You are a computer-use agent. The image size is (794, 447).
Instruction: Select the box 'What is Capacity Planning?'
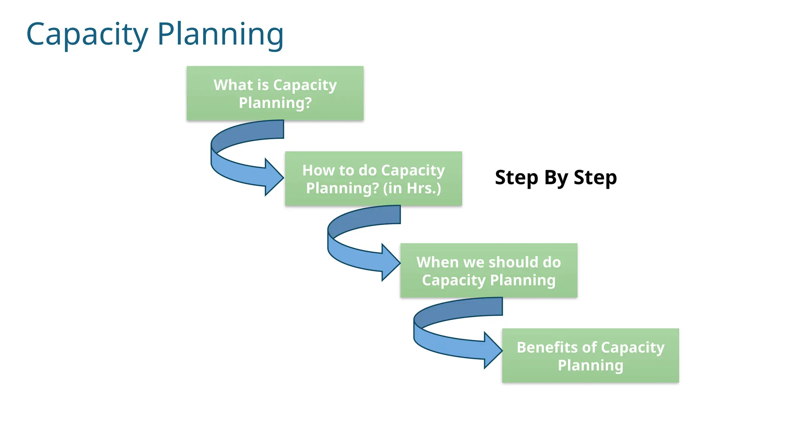tap(275, 93)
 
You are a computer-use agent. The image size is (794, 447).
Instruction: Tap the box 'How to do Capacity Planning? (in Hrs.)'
tap(373, 178)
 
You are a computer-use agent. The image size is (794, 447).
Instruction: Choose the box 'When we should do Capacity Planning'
tap(488, 270)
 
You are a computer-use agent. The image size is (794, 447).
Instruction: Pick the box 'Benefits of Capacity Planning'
tap(590, 356)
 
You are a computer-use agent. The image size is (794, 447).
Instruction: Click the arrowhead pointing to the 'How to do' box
tap(274, 177)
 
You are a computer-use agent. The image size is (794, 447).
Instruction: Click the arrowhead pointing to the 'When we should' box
tap(391, 262)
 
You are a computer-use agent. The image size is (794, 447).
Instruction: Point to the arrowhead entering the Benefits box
tap(493, 350)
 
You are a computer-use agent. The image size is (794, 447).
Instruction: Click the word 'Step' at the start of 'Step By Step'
tap(516, 178)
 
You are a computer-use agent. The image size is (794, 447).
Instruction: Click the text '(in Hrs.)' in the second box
tap(412, 188)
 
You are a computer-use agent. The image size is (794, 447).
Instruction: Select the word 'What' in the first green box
tap(233, 85)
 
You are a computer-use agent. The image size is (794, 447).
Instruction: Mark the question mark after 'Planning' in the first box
tap(308, 103)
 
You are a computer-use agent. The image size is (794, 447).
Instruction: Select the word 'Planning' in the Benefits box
tap(590, 365)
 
